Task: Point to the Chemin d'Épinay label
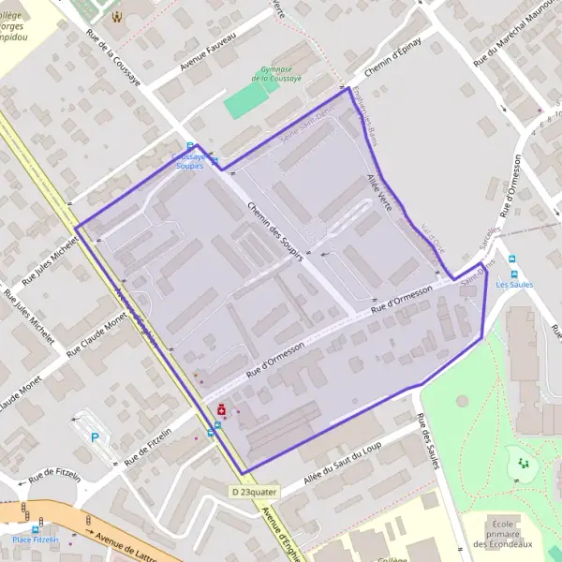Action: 393,57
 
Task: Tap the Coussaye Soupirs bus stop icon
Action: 190,146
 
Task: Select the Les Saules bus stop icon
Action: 511,259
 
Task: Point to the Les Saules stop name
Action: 513,283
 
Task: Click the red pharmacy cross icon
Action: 221,410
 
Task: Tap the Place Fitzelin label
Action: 37,540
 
